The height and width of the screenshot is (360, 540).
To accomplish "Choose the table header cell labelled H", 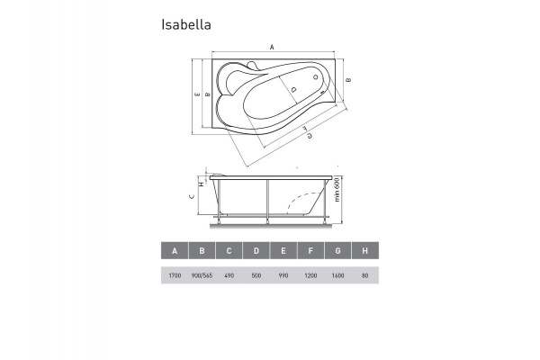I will (x=364, y=251).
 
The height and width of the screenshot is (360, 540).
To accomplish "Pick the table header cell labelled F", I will (x=310, y=251).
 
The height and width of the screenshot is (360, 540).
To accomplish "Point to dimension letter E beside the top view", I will (x=196, y=94).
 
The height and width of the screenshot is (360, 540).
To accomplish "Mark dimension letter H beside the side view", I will (x=201, y=185).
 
